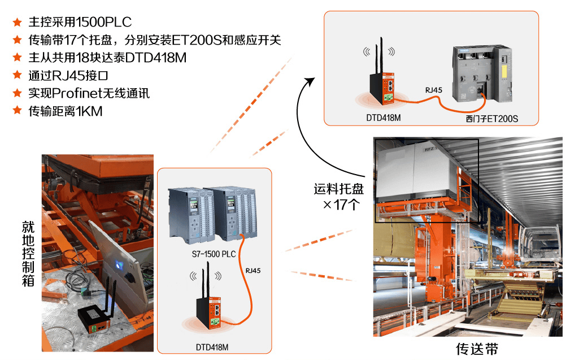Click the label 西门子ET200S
click(x=491, y=119)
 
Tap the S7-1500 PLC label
click(x=214, y=254)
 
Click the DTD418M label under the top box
click(x=382, y=119)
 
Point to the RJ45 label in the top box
click(x=434, y=90)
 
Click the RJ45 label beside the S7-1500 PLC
click(x=253, y=271)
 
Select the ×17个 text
click(x=340, y=205)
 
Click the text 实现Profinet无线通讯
click(x=89, y=93)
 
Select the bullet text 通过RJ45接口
click(x=68, y=75)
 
